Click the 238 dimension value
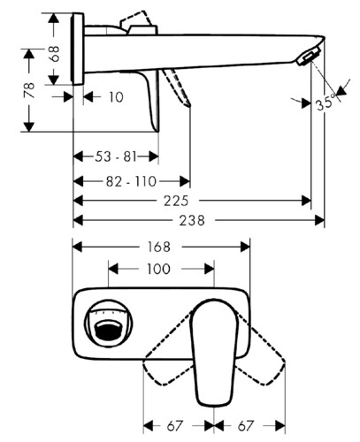pos(192,220)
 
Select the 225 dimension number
pos(176,201)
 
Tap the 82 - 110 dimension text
pos(131,181)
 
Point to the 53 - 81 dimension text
pos(116,156)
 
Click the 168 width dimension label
pos(159,247)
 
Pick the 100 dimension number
pos(158,269)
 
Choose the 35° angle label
pos(326,103)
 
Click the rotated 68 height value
pos(55,54)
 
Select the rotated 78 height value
pos(29,90)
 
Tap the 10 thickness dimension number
pos(116,97)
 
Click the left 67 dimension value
pos(175,426)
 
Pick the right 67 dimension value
pos(245,426)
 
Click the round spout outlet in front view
pos(108,324)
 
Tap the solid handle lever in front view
pos(214,352)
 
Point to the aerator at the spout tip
pos(309,57)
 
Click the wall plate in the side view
pos(78,49)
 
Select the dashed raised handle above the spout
pos(136,19)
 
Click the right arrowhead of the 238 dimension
pos(319,220)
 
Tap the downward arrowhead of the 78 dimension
pos(29,126)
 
